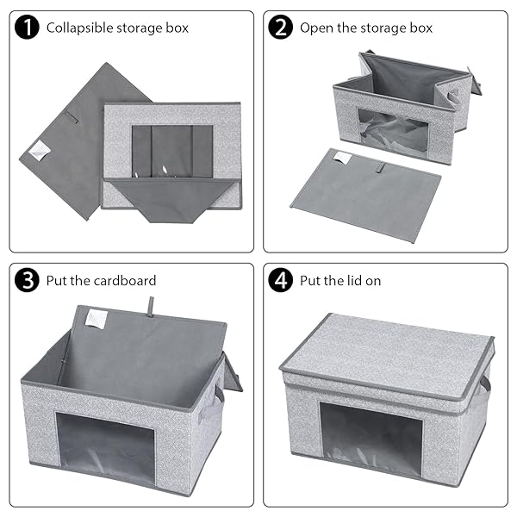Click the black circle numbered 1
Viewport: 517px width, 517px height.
point(27,27)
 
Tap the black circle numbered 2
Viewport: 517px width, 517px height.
point(281,27)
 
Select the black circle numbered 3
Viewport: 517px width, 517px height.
point(27,280)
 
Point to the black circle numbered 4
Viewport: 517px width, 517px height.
point(281,280)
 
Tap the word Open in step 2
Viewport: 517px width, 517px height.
point(317,28)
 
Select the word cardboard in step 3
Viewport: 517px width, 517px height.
point(125,281)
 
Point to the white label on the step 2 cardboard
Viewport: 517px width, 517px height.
point(343,158)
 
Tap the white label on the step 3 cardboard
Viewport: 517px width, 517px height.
point(93,318)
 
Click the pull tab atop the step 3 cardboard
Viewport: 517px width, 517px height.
point(151,307)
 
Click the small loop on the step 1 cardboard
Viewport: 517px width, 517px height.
point(71,118)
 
